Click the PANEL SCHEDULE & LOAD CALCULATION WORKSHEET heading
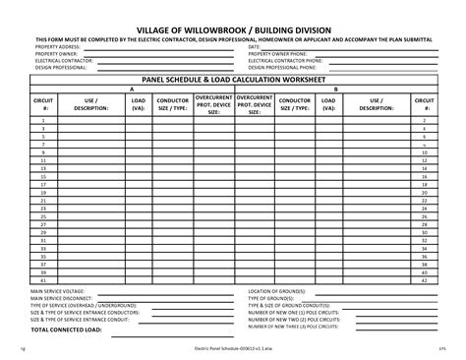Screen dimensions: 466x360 (x=233, y=79)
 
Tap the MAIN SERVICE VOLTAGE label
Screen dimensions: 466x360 (x=58, y=292)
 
